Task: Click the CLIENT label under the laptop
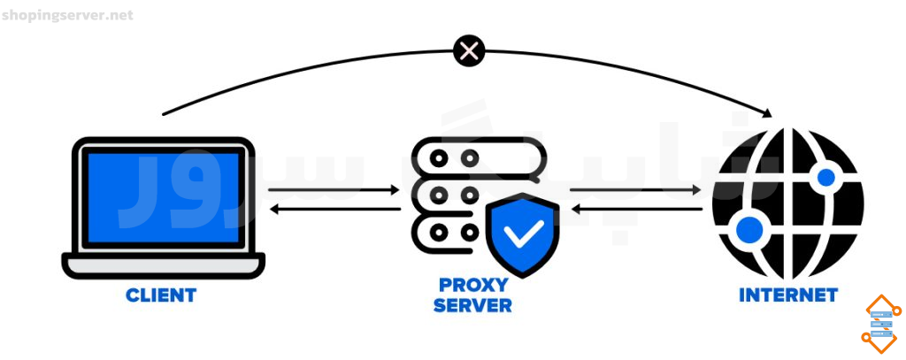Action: pos(161,295)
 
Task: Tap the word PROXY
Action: pos(473,285)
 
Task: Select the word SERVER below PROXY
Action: pos(472,305)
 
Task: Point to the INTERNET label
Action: pos(788,295)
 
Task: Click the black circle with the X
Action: pos(469,51)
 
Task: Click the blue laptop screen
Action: pos(164,197)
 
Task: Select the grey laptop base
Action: pos(164,266)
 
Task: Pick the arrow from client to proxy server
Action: pos(334,189)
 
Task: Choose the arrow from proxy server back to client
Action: pos(335,209)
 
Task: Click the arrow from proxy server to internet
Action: pos(635,189)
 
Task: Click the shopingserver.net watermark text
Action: pos(67,15)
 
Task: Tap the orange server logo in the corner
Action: pos(881,324)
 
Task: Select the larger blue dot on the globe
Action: pos(749,230)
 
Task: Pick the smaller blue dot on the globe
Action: pos(826,177)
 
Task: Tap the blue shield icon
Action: pos(523,235)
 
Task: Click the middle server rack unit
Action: pos(450,195)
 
